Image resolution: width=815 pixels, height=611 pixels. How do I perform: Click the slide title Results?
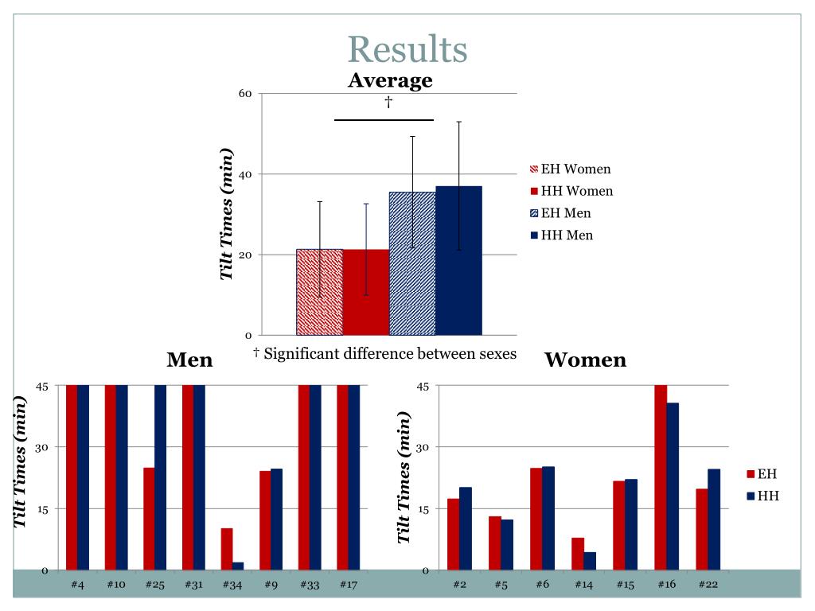[x=407, y=49]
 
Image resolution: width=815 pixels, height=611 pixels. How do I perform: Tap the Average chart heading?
[x=390, y=80]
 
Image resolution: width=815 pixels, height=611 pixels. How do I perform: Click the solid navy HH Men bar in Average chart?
[x=458, y=260]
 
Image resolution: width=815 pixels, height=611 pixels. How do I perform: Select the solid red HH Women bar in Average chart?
[x=366, y=292]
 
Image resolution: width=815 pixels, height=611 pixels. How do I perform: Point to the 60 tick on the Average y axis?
[x=245, y=94]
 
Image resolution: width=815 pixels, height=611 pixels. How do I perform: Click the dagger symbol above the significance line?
[x=388, y=102]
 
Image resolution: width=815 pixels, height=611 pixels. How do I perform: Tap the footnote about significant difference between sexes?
[x=384, y=353]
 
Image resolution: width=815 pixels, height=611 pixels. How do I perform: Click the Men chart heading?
[x=189, y=360]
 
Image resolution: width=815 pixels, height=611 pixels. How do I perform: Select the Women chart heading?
[x=585, y=360]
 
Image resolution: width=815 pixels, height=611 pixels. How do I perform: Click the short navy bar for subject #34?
[x=238, y=566]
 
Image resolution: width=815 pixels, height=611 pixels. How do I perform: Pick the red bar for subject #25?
[x=149, y=518]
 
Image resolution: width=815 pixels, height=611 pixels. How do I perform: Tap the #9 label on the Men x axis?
[x=271, y=585]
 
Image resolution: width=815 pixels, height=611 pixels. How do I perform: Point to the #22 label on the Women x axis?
[x=708, y=585]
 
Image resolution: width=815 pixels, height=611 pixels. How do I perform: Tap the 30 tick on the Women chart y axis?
[x=423, y=447]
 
